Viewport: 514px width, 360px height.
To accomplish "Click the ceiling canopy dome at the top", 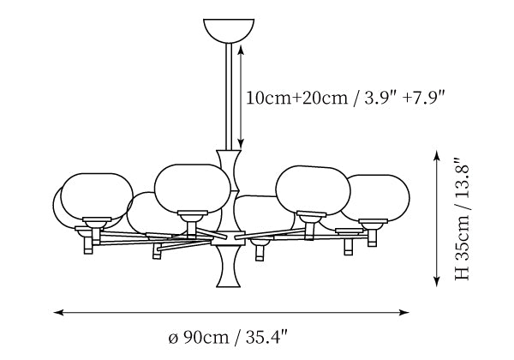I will pos(227,28).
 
